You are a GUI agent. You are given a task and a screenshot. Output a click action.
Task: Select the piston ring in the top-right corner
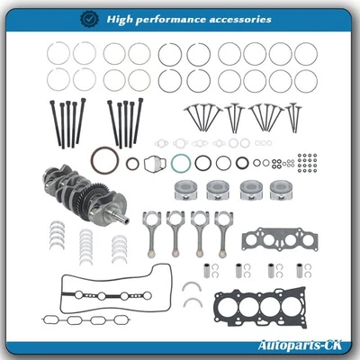(x=306, y=54)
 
